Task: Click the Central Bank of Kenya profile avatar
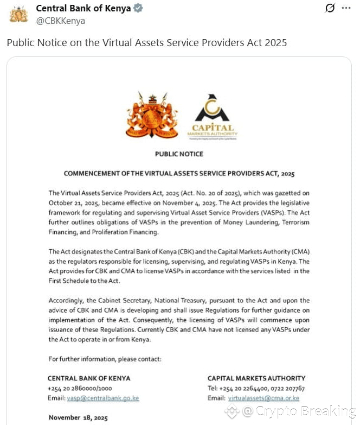click(x=18, y=14)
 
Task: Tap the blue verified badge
click(x=138, y=9)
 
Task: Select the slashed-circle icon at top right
click(x=330, y=8)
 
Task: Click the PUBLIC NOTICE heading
click(x=179, y=154)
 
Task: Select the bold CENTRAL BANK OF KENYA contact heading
click(x=89, y=378)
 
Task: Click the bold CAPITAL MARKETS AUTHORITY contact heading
click(x=256, y=378)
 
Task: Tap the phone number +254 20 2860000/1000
click(x=80, y=389)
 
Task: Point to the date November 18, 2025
click(x=78, y=418)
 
